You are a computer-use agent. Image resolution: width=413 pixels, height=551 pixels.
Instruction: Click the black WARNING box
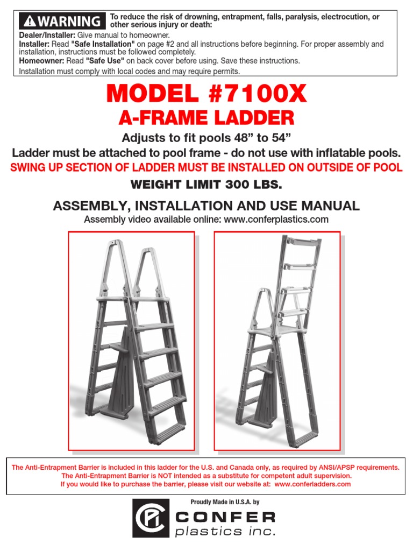(x=61, y=22)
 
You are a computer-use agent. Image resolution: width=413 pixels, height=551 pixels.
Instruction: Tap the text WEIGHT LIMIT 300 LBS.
(x=206, y=185)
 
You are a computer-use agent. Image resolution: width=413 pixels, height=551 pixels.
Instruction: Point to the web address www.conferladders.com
(x=312, y=484)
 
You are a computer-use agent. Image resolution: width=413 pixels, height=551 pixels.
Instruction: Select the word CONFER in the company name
(x=226, y=517)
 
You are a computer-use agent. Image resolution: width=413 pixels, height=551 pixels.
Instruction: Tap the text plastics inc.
(x=225, y=532)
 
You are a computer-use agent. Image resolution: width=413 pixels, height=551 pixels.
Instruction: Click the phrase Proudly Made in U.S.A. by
(x=225, y=502)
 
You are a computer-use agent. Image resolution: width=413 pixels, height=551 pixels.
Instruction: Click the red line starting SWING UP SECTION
(x=206, y=167)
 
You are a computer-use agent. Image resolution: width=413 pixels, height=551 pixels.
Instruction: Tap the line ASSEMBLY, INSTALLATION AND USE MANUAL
(x=206, y=205)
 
